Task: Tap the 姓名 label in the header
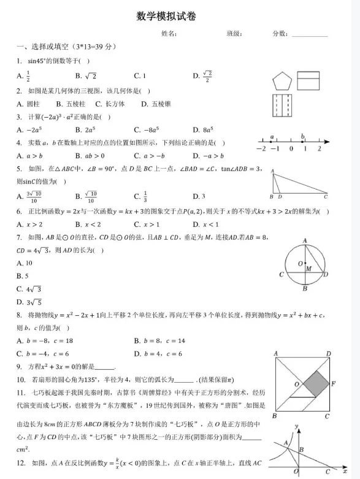coord(169,34)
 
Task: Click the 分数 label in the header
coord(280,34)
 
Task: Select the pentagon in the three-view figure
coord(282,81)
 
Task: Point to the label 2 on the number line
coord(320,148)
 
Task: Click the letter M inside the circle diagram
coord(308,268)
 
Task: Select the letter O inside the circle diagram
coord(299,264)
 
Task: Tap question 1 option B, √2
coord(86,76)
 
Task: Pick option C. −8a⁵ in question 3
coord(146,129)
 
